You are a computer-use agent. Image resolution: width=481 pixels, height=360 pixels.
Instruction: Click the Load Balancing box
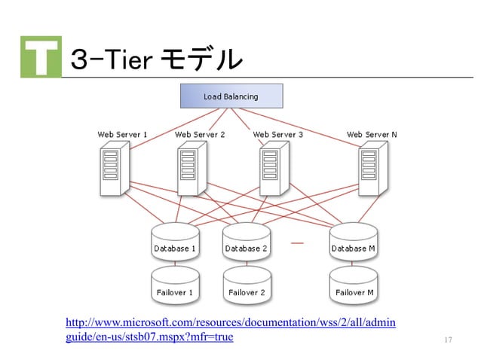tap(231, 96)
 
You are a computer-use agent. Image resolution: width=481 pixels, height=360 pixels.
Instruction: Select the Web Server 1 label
tap(122, 135)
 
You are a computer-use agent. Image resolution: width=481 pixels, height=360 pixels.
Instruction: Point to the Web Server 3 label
tap(278, 135)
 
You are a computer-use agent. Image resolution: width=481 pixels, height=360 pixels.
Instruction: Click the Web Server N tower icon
tap(369, 170)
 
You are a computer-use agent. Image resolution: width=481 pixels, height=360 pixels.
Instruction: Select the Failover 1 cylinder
tap(175, 285)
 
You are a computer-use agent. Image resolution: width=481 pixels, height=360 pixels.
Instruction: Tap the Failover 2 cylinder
tap(246, 285)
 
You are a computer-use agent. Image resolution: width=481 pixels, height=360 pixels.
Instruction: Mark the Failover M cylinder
tap(353, 285)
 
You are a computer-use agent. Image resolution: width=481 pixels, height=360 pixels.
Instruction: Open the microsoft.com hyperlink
tap(231, 330)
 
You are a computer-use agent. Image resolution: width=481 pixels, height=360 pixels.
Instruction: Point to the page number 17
tap(448, 340)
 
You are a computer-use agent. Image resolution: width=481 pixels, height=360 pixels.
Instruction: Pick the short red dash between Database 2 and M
tap(297, 243)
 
